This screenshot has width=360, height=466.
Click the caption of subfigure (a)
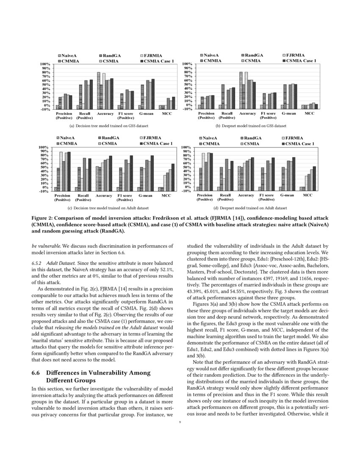[109, 126]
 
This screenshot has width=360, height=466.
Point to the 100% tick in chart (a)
[45, 64]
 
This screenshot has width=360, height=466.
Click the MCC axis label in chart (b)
[310, 114]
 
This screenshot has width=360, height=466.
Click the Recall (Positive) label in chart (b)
[227, 116]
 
